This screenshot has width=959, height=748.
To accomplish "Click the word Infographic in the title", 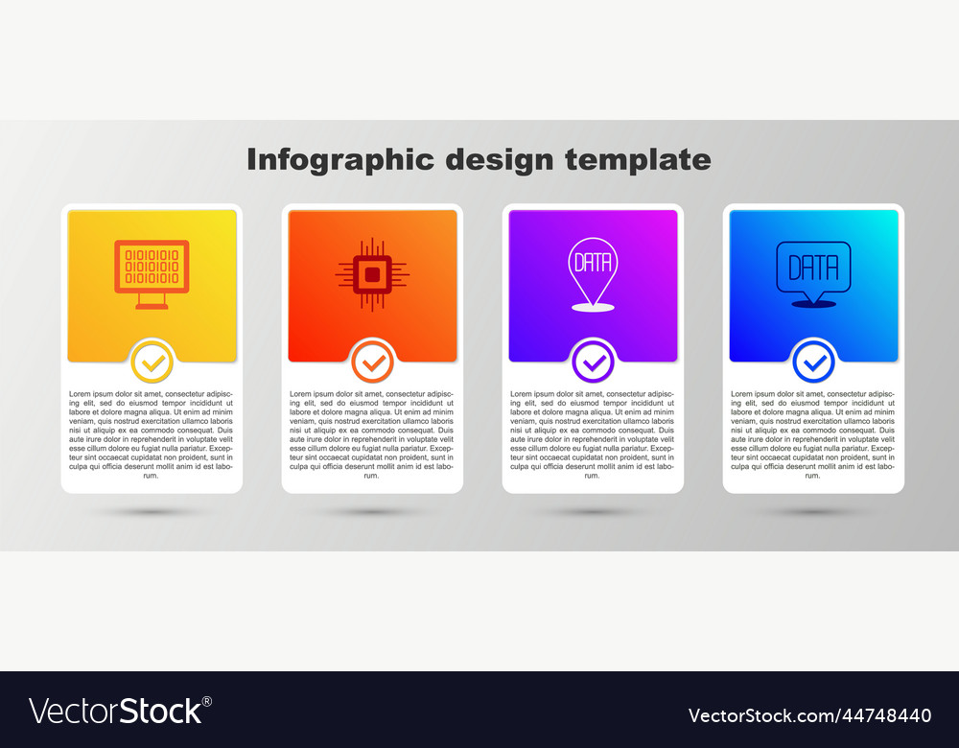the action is point(340,160).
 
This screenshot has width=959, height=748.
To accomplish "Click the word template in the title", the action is point(638,159).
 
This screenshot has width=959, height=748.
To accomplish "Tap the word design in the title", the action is point(500,160).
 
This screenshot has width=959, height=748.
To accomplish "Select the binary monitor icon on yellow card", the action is point(152,274).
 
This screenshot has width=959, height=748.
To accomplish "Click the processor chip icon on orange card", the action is point(372,274).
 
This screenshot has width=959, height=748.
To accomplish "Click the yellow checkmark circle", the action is point(152,362).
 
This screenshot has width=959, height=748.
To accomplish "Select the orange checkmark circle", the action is point(372,362).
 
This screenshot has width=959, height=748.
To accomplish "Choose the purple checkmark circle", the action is point(594,362).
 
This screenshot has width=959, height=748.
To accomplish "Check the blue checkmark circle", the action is point(813,362).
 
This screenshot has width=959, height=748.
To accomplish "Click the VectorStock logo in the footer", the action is point(120,711).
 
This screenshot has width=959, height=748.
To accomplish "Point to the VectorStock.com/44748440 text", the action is point(809,715).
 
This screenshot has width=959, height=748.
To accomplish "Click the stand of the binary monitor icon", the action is point(152,301).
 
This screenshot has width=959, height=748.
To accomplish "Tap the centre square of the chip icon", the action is point(372,275).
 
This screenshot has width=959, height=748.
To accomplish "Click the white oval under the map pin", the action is point(593,308).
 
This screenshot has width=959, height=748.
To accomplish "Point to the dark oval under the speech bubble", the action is point(813,304).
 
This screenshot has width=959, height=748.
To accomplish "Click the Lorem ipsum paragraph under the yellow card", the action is point(152,434).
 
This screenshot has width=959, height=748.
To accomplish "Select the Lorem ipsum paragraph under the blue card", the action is point(813,434).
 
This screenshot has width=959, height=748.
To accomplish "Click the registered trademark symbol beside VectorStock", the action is point(207,702).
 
